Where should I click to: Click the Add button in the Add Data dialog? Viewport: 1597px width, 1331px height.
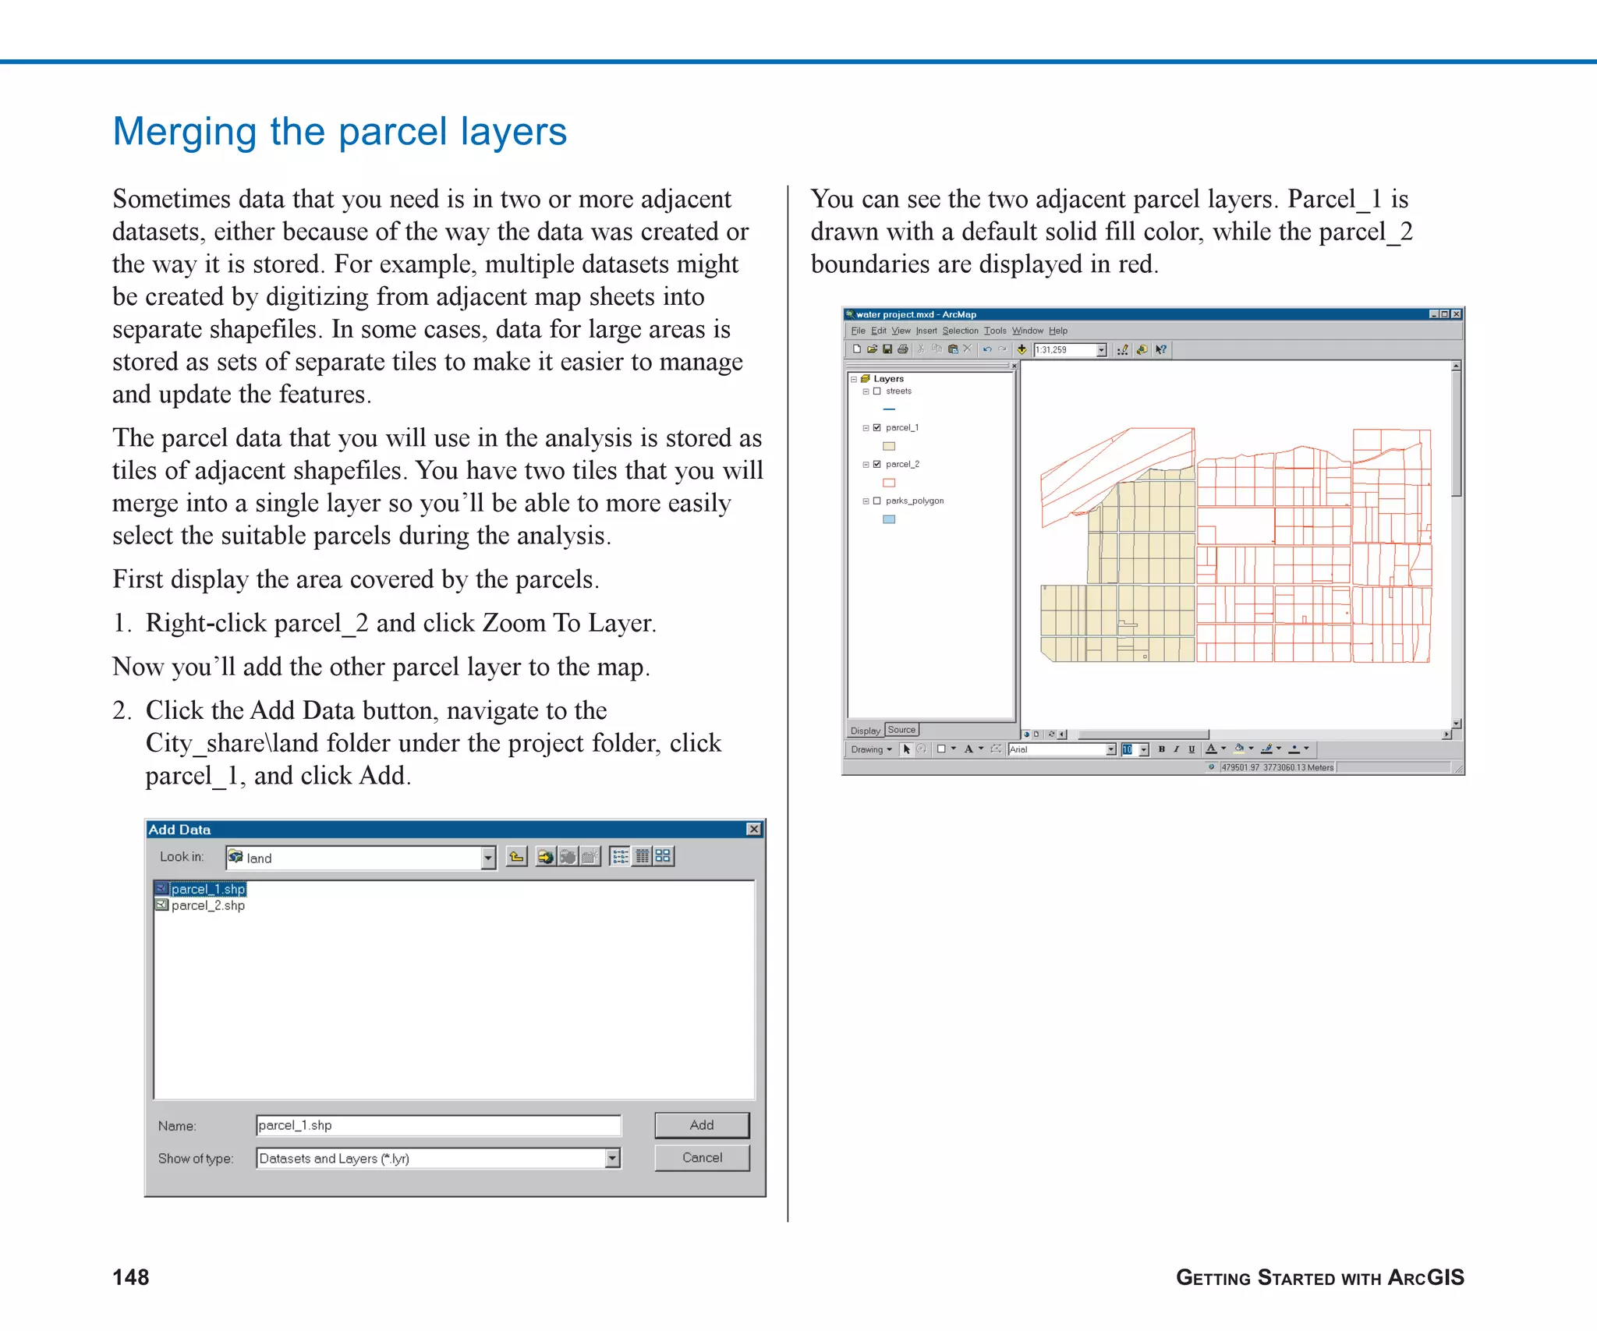(701, 1124)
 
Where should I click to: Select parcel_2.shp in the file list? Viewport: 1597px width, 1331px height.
(207, 905)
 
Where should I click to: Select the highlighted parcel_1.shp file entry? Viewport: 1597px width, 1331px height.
(207, 889)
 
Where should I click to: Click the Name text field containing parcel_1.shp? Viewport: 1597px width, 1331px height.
(437, 1125)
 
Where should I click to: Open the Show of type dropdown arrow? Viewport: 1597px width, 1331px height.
(613, 1158)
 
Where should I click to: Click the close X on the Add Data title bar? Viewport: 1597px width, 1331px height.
(753, 829)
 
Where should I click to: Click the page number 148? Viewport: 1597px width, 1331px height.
(131, 1277)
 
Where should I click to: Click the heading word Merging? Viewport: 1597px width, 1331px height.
(184, 132)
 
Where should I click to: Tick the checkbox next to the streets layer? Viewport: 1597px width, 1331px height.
(877, 391)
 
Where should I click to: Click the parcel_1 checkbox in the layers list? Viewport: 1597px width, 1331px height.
(877, 428)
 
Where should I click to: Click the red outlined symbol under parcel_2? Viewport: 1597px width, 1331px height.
(889, 483)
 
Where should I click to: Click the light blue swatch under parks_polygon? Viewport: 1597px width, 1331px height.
(889, 519)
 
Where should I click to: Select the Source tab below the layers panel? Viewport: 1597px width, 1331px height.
(901, 730)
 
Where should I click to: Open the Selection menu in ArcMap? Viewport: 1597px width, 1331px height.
(960, 331)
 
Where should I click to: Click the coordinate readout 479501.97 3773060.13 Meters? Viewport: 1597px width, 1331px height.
(1277, 767)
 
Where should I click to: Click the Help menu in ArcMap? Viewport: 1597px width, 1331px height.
(1057, 331)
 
